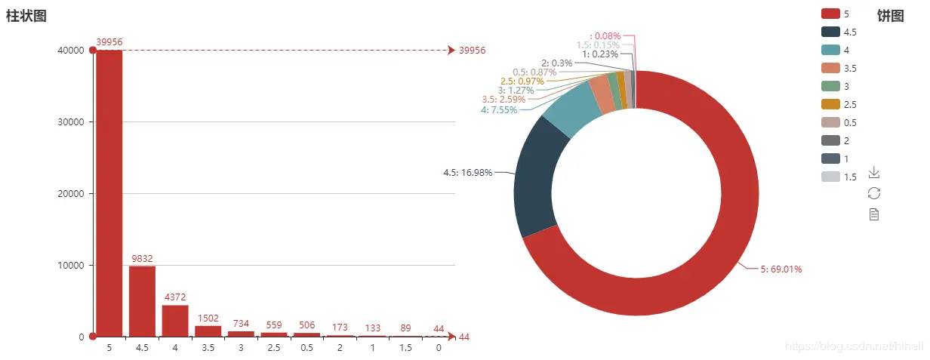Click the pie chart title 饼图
click(891, 17)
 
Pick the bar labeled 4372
click(175, 321)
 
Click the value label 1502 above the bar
click(208, 319)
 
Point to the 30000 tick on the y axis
click(69, 122)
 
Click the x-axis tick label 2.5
click(273, 349)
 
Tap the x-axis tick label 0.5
click(306, 349)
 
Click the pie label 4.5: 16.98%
click(467, 172)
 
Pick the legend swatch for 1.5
click(830, 177)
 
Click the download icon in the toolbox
click(874, 173)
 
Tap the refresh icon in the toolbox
click(874, 193)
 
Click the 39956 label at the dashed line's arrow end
click(472, 51)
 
